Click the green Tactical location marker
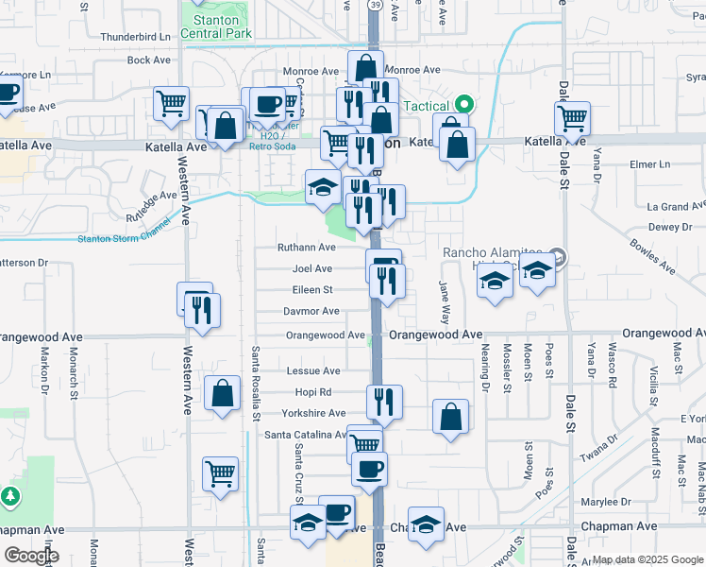pos(463,105)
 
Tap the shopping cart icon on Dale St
pos(573,119)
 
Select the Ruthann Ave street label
pos(306,248)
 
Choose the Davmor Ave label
pos(311,311)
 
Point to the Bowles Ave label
pos(655,256)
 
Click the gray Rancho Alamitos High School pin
pos(558,256)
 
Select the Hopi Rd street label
pos(312,392)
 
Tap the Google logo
pos(31,556)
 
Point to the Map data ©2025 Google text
pos(647,559)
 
